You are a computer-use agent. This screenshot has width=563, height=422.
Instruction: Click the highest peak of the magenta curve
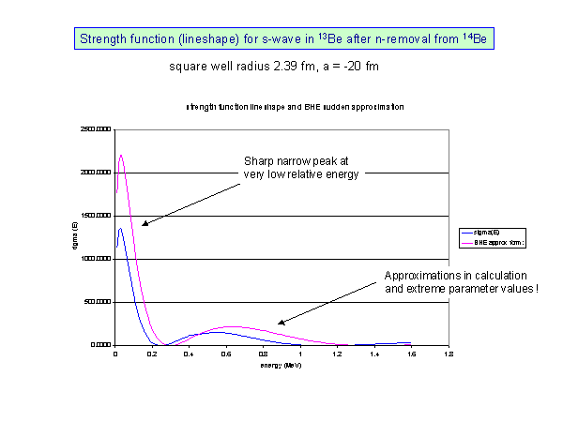coord(121,156)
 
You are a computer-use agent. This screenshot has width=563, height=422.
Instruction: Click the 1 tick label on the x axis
coord(300,354)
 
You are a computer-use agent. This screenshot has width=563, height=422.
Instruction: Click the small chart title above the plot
coord(281,107)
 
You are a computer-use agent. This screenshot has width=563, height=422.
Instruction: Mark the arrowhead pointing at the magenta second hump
coord(281,323)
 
